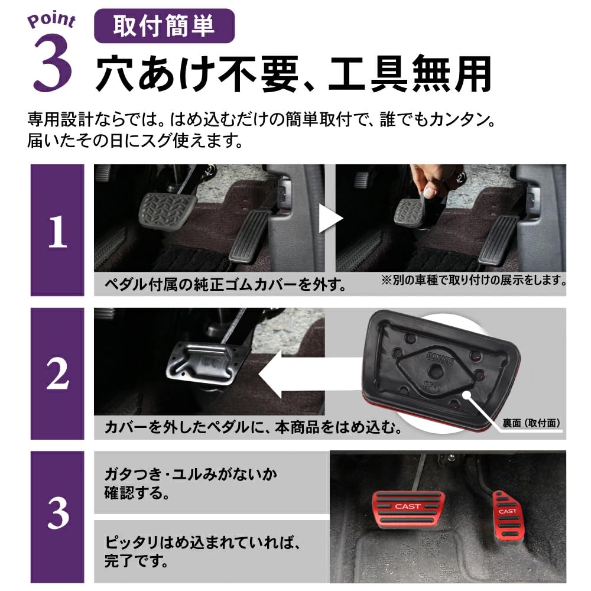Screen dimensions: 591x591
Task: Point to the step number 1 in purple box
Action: (x=57, y=232)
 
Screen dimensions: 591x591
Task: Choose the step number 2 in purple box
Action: (x=57, y=375)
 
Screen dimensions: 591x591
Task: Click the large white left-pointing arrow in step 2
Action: (x=301, y=380)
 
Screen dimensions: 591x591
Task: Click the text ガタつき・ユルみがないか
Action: (x=190, y=473)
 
